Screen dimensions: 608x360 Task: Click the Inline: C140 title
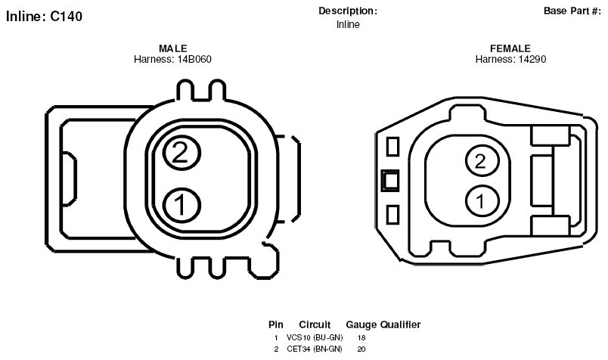click(x=44, y=17)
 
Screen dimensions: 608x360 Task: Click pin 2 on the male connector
click(x=181, y=153)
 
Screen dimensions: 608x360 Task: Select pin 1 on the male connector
click(x=181, y=205)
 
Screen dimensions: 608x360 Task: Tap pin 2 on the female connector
click(x=481, y=160)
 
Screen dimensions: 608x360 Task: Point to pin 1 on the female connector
click(x=481, y=201)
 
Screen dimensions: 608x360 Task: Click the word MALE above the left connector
click(x=173, y=48)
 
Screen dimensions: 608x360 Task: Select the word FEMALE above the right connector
click(x=510, y=48)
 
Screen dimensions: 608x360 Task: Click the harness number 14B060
click(x=194, y=59)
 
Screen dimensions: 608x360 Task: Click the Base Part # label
click(x=572, y=11)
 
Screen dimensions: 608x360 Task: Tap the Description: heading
click(x=348, y=11)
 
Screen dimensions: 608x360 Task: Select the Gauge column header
click(x=361, y=324)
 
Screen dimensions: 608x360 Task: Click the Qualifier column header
click(x=401, y=324)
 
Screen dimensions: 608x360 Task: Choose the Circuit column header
click(x=315, y=324)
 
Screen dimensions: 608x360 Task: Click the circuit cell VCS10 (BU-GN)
click(x=315, y=337)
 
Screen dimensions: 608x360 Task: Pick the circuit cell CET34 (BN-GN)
click(x=315, y=349)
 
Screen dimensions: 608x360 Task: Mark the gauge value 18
click(x=361, y=338)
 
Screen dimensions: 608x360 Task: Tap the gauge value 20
click(x=361, y=349)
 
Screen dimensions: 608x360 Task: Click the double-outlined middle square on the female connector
click(x=390, y=181)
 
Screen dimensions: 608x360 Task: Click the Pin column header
click(x=276, y=324)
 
